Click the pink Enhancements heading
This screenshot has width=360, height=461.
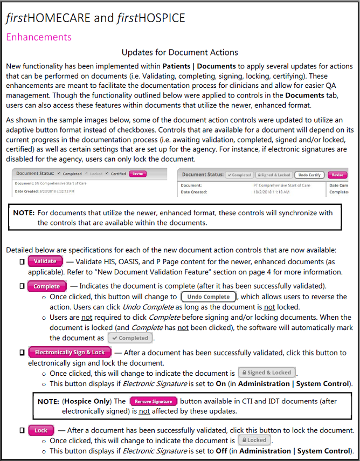click(x=38, y=37)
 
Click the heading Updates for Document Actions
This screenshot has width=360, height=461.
click(x=179, y=52)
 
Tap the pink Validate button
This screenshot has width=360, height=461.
click(x=45, y=261)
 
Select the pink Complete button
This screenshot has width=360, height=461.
click(x=47, y=286)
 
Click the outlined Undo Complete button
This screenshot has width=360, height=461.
click(x=209, y=297)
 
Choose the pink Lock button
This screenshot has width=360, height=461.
click(x=41, y=430)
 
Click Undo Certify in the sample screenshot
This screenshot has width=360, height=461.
click(x=309, y=175)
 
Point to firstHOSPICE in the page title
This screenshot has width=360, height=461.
click(x=150, y=18)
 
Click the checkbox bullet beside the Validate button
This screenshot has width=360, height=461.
click(x=22, y=262)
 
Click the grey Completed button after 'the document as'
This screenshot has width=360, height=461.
click(x=130, y=338)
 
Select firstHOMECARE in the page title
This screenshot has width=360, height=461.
click(x=48, y=18)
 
